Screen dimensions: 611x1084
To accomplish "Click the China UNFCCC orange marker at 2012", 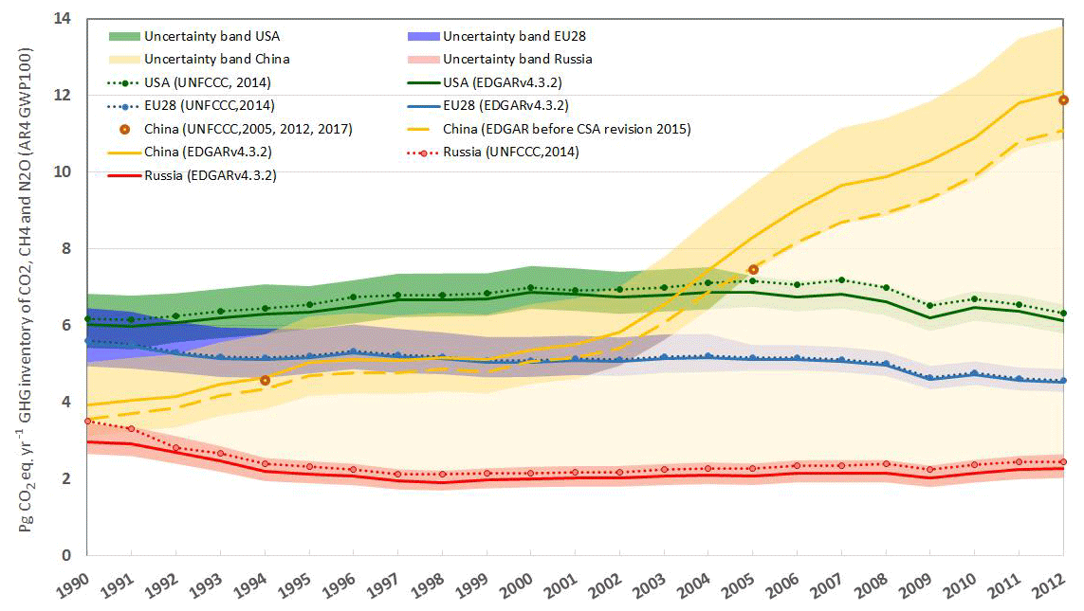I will click(x=1063, y=100).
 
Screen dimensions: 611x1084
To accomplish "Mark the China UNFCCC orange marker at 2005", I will click(x=753, y=270).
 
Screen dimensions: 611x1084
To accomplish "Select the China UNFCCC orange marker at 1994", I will click(x=265, y=381).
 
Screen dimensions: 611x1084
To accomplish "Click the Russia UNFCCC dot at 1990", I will click(x=87, y=422).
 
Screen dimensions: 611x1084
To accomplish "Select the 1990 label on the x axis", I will click(x=75, y=584).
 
